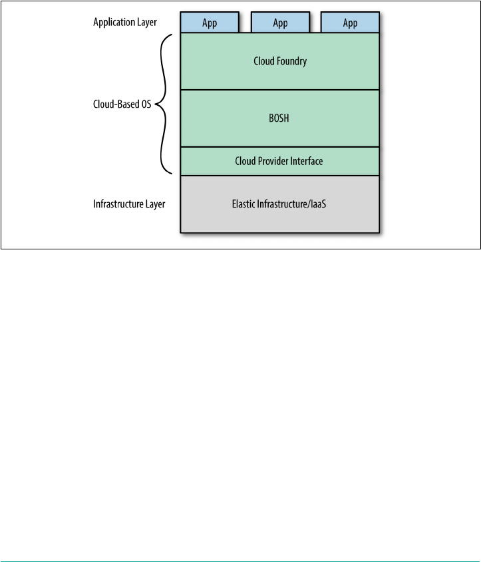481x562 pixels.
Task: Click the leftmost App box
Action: click(x=210, y=23)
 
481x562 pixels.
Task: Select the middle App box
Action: click(x=280, y=23)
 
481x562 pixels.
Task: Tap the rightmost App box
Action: click(x=350, y=23)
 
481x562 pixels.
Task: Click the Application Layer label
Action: click(x=125, y=23)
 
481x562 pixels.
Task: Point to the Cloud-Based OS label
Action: click(x=120, y=104)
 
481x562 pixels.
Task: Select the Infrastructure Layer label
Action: click(x=129, y=204)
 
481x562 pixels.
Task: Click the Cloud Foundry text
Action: click(x=280, y=61)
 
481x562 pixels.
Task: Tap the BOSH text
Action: click(x=280, y=118)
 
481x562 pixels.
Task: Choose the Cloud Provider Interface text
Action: click(x=280, y=161)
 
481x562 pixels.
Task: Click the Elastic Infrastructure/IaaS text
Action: click(x=280, y=204)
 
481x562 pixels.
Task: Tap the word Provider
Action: click(x=273, y=161)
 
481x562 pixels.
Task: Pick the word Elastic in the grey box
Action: click(x=245, y=204)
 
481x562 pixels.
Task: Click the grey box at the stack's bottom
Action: click(x=280, y=216)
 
